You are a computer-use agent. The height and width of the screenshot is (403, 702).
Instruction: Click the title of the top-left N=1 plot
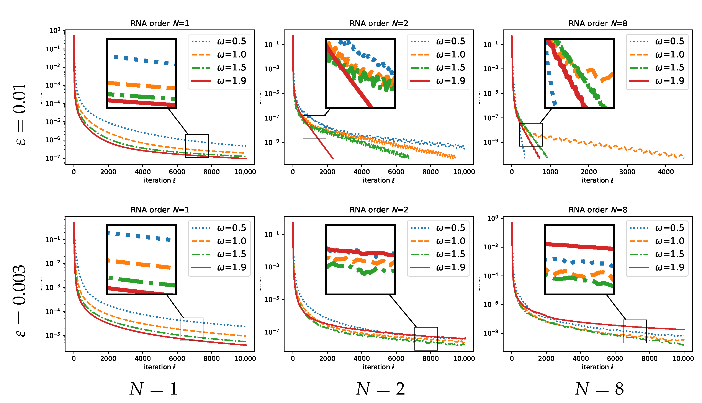coord(160,23)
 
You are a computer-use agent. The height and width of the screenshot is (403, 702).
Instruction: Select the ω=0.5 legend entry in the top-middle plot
coord(438,41)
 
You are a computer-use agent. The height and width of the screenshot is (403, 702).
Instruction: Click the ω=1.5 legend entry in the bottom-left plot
coord(219,254)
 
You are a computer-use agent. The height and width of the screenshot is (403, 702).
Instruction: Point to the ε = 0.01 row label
coord(19,114)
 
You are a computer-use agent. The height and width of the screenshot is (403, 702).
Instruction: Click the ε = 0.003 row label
coord(19,301)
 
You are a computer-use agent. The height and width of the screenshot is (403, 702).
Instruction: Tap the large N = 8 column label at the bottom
coord(599,389)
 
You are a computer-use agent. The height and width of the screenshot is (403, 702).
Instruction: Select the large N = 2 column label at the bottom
coord(380,389)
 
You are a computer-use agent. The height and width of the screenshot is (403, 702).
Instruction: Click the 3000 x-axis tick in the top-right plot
coord(627,172)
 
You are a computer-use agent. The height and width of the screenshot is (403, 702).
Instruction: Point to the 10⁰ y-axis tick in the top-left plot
coord(54,30)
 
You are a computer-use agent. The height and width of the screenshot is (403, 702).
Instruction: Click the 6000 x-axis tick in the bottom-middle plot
coord(396,358)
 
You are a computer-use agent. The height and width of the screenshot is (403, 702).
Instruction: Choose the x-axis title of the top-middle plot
coord(378,180)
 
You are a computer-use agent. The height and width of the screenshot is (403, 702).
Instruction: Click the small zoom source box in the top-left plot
coord(197,146)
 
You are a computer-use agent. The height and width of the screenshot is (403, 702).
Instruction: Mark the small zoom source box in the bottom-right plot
coord(635,331)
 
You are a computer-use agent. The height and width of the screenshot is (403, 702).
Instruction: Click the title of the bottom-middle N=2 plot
coord(378,210)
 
